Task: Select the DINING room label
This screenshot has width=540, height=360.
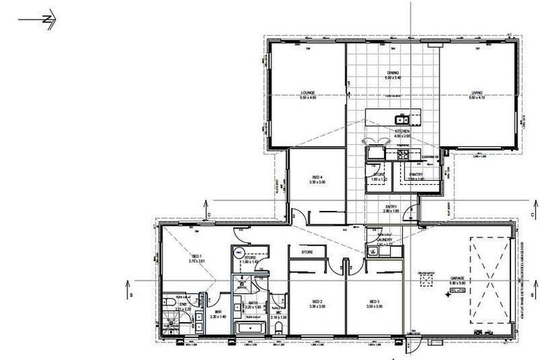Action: (393, 72)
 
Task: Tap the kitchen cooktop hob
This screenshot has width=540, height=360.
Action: (404, 155)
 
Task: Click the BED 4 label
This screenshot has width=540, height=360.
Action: (316, 177)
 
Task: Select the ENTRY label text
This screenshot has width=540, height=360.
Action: (391, 207)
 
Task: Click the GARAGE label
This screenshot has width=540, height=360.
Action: (458, 278)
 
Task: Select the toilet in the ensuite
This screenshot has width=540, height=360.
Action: (172, 303)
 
